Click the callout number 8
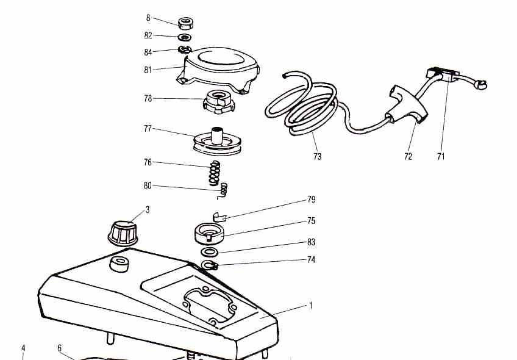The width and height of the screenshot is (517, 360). [148, 18]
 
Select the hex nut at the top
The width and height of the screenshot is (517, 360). [186, 24]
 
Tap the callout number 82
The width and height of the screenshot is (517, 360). [148, 35]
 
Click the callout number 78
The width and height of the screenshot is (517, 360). [148, 98]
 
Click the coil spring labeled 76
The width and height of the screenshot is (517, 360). [214, 171]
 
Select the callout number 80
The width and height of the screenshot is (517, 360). [148, 185]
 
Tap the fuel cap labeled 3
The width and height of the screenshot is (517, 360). [124, 232]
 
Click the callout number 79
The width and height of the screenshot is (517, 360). [312, 200]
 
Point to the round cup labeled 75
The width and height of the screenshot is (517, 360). [210, 234]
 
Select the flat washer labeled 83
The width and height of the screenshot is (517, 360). [209, 252]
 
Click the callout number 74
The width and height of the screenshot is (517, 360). [312, 259]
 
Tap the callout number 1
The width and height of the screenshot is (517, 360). [310, 305]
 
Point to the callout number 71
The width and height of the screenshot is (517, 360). [441, 156]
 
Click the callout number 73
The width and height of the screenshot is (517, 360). [317, 156]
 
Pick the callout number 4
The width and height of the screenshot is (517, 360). [23, 348]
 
